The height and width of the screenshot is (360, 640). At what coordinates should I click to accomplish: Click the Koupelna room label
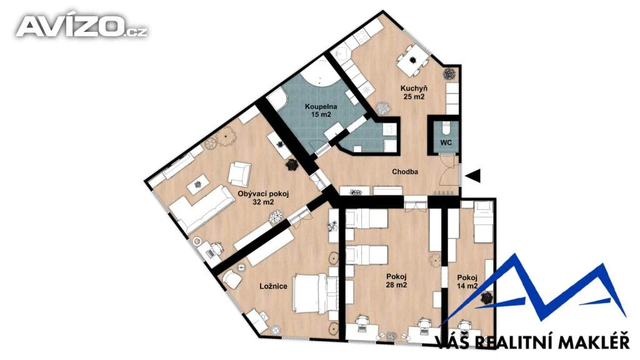[x=321, y=107]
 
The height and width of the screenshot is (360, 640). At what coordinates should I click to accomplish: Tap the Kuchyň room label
[x=414, y=88]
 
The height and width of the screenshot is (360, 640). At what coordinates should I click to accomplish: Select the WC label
[x=446, y=143]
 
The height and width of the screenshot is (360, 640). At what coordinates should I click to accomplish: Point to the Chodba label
[x=405, y=172]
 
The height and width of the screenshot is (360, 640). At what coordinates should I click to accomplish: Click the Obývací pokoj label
[x=263, y=194]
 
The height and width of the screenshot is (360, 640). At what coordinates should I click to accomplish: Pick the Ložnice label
[x=274, y=286]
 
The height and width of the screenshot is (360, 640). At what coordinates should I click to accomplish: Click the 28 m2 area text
[x=397, y=285]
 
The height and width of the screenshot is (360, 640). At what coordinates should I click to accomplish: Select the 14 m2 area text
[x=467, y=286]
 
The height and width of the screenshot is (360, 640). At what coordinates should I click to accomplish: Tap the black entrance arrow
[x=474, y=176]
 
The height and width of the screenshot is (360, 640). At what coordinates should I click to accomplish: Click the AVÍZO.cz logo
[x=82, y=26]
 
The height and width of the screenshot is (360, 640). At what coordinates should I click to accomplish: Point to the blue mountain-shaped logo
[x=535, y=290]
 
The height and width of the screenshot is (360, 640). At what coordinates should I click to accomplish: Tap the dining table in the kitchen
[x=412, y=59]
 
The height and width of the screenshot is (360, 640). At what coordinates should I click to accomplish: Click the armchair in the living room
[x=239, y=174]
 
